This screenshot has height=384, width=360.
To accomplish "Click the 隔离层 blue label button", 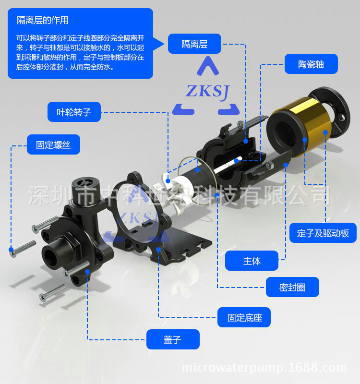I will (x=194, y=44).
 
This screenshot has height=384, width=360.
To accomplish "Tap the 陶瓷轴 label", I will (x=311, y=64).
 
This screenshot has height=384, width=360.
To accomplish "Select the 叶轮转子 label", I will (x=74, y=112).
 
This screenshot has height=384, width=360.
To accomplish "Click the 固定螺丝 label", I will (x=53, y=144).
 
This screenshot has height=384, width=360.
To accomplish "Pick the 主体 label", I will (x=252, y=261).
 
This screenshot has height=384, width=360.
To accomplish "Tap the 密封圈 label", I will (x=292, y=287).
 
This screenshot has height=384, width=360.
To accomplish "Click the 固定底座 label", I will (x=244, y=317).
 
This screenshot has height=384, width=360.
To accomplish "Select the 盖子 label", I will (x=172, y=339).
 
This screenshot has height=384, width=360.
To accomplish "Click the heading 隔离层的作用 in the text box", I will (x=43, y=20).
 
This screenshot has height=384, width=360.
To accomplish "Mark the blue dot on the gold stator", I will (x=305, y=140).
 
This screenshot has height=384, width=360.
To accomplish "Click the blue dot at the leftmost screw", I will (x=11, y=249).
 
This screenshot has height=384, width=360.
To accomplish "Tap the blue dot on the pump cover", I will (x=87, y=272).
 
